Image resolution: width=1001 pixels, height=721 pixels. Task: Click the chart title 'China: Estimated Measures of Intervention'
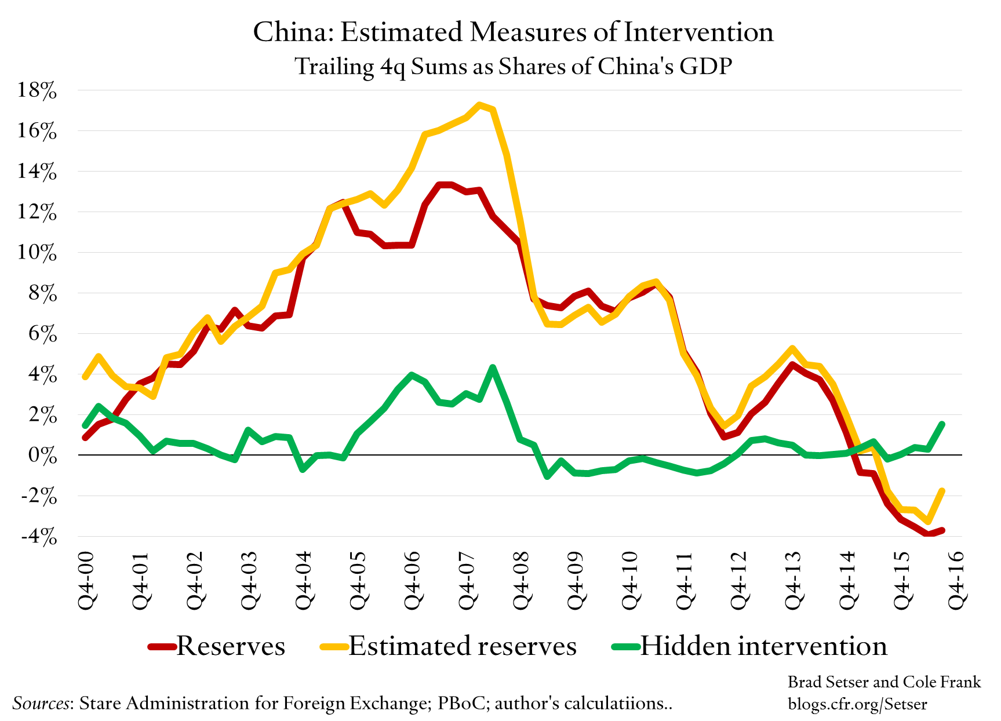click(x=513, y=32)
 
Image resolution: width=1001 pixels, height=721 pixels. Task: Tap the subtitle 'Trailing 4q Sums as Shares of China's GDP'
click(x=513, y=67)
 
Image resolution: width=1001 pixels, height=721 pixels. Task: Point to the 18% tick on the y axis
click(x=37, y=90)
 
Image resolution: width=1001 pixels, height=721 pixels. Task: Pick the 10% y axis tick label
click(x=37, y=253)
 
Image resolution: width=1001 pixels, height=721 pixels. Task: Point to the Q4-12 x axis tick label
click(x=740, y=580)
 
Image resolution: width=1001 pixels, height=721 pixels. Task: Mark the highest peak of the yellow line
click(x=479, y=105)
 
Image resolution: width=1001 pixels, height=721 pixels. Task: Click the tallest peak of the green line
click(x=493, y=367)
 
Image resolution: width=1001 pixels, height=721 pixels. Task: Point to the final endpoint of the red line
click(x=942, y=530)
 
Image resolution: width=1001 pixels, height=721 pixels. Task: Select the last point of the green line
click(x=942, y=424)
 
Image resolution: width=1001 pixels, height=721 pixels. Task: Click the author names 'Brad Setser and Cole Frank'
click(x=884, y=682)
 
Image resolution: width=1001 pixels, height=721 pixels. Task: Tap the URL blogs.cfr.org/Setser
click(x=857, y=704)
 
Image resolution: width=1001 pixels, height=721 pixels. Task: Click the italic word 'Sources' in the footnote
click(x=41, y=703)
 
